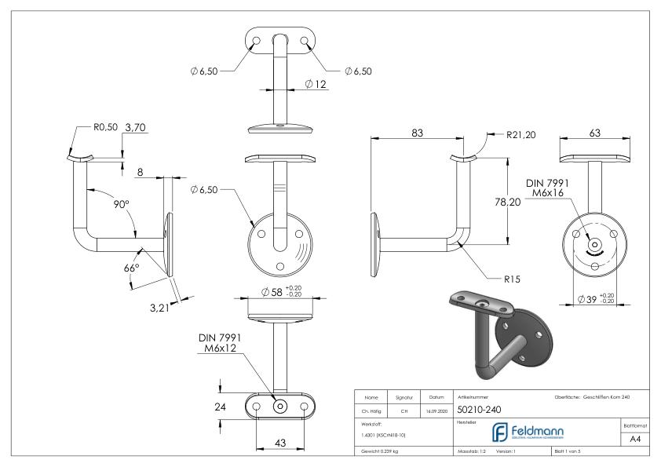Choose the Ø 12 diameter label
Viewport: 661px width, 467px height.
316,83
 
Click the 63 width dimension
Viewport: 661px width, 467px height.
595,133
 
